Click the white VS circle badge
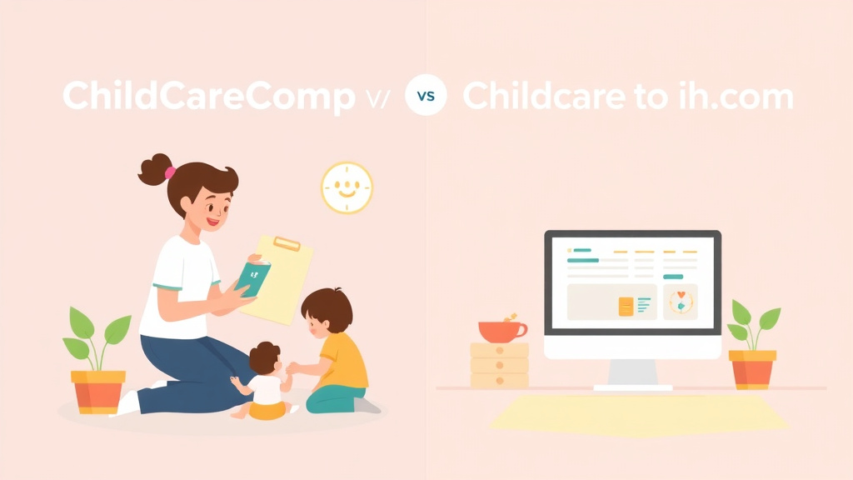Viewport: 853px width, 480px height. tap(426, 96)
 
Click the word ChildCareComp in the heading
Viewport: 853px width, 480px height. tap(208, 97)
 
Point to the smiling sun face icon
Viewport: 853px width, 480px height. tap(347, 187)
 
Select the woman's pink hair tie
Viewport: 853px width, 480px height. tap(170, 172)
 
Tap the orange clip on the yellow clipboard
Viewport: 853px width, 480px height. tap(286, 243)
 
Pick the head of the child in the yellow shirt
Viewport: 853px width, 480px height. tap(327, 310)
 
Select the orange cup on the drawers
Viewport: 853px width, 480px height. tap(501, 330)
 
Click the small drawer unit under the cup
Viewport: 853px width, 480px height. tap(499, 364)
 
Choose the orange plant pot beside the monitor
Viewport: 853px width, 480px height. tap(752, 368)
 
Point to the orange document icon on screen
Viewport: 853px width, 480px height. tap(626, 306)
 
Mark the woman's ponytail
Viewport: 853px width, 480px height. tap(155, 169)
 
